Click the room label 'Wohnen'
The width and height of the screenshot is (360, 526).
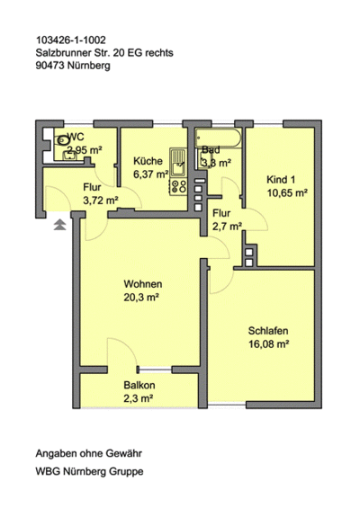(x=143, y=283)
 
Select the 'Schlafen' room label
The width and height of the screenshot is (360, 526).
(x=268, y=329)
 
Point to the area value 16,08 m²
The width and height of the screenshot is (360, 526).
(x=267, y=343)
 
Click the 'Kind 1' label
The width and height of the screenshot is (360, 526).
(x=282, y=178)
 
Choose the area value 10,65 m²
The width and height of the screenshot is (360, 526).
(x=285, y=192)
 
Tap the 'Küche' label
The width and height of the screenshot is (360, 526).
(x=148, y=162)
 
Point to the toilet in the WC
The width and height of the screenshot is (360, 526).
(x=63, y=140)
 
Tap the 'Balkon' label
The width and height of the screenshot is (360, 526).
(x=139, y=386)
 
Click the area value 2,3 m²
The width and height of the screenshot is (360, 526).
(x=139, y=399)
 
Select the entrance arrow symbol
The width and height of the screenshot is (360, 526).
(x=59, y=224)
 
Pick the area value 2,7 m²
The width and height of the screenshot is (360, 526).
(x=221, y=227)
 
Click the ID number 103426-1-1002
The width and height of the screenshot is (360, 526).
(x=71, y=40)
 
